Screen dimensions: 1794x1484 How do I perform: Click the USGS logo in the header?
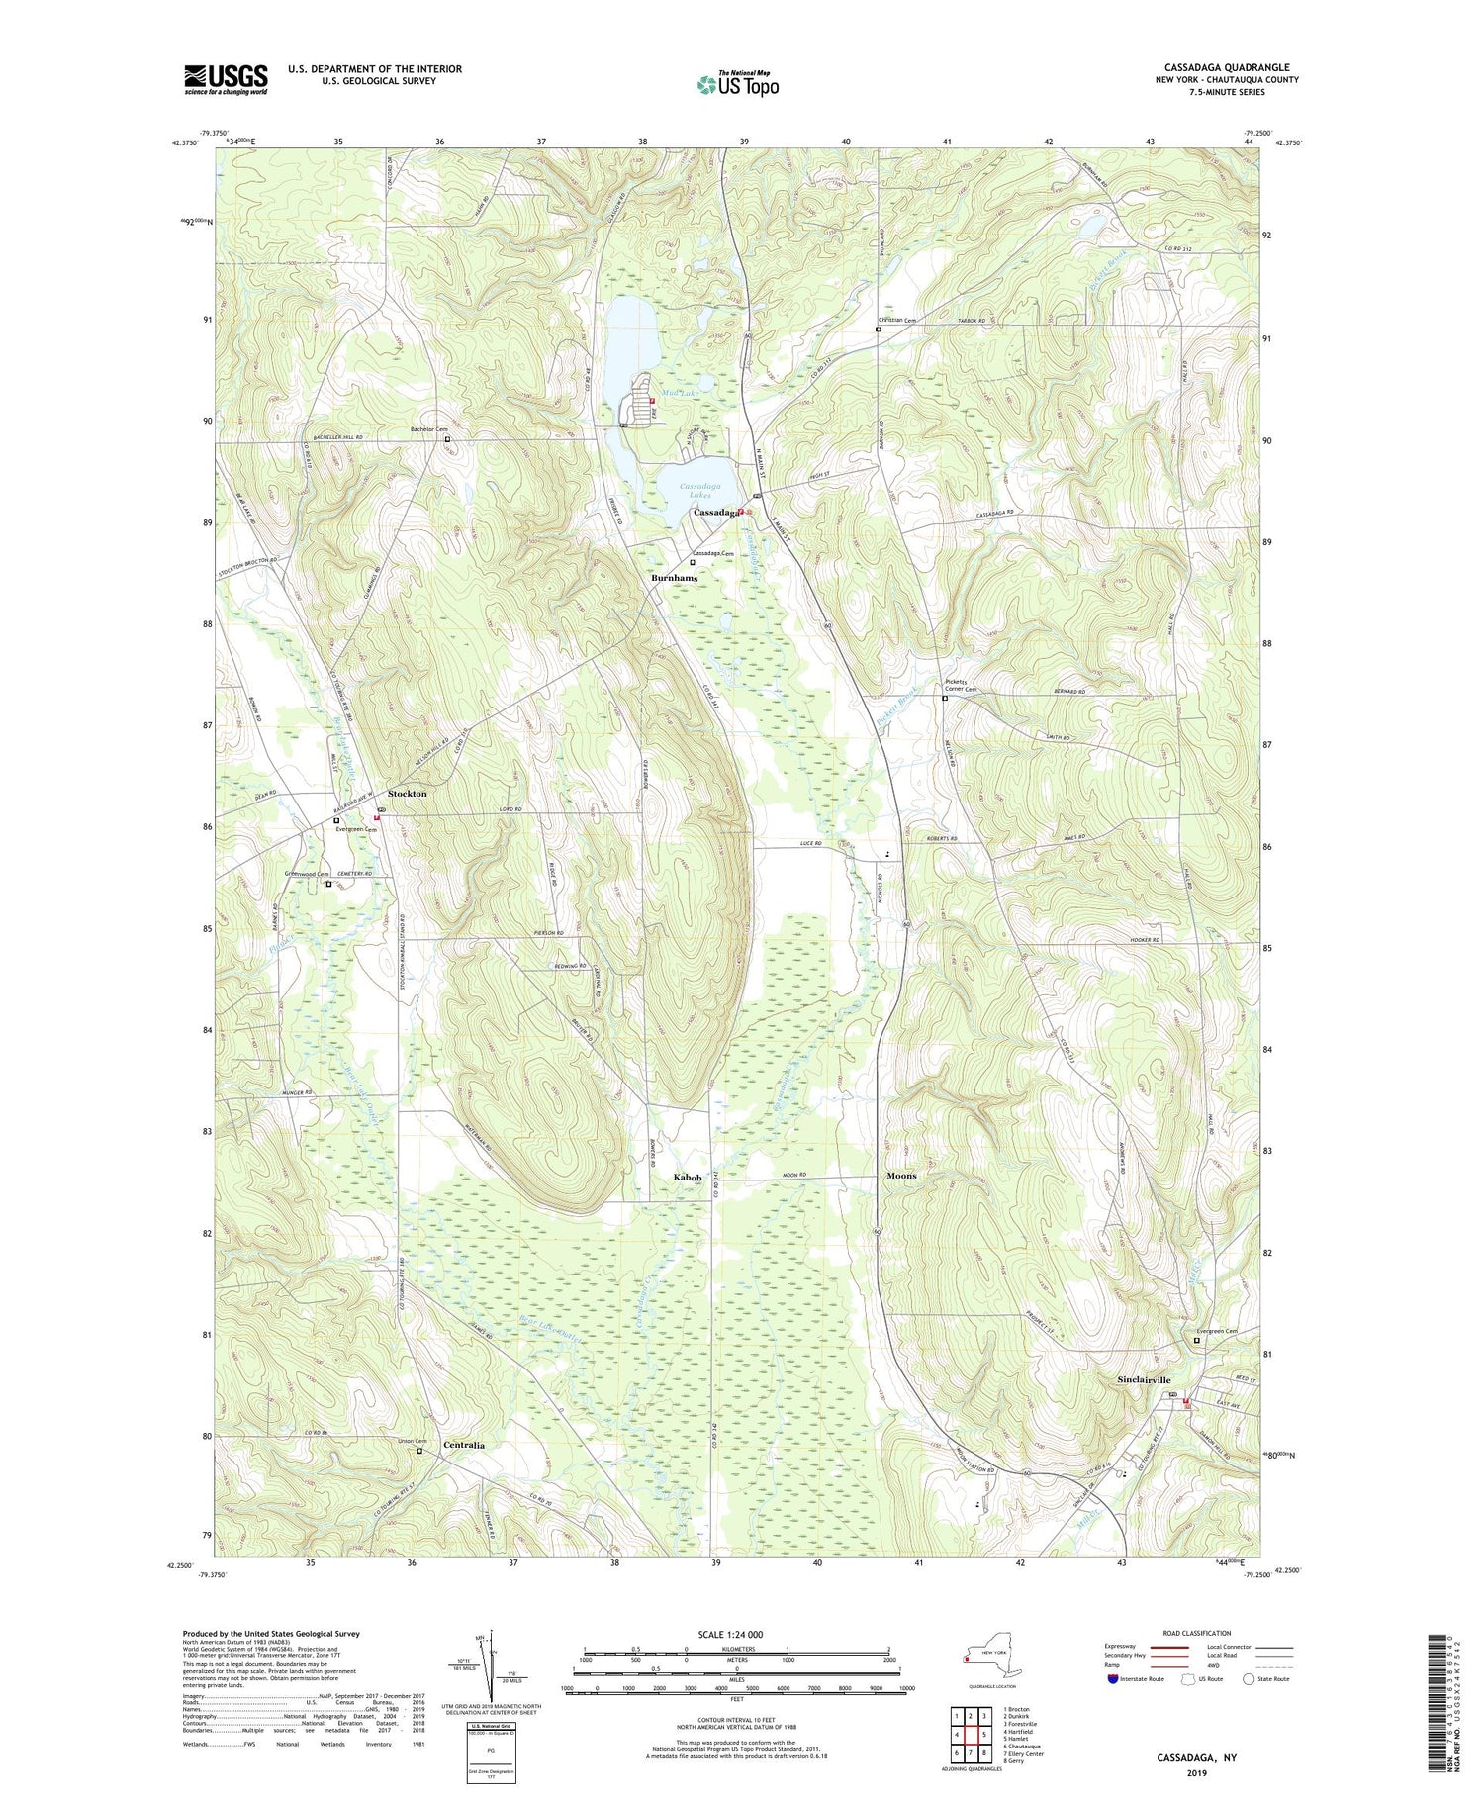226,79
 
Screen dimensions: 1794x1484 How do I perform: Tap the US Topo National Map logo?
737,85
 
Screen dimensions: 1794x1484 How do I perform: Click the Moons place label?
901,1176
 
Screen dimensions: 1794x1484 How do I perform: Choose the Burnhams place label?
674,578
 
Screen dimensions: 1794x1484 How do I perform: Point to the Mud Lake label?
682,393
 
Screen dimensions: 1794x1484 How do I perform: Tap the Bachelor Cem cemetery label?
428,429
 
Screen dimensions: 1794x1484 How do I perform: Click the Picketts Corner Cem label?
961,686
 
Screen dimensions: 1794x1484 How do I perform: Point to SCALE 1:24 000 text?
736,1634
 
